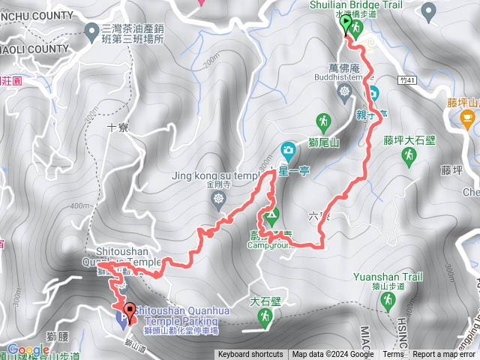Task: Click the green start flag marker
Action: [x=346, y=25]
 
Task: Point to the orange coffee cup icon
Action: [x=467, y=117]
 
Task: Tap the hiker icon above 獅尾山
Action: [x=323, y=121]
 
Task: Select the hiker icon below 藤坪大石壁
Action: [x=409, y=156]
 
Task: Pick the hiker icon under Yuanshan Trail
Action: [x=388, y=301]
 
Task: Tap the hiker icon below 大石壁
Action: [x=265, y=319]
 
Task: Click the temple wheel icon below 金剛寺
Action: [x=219, y=199]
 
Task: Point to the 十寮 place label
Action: [x=119, y=128]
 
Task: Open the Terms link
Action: [x=393, y=355]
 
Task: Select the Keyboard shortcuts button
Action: [x=250, y=355]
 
